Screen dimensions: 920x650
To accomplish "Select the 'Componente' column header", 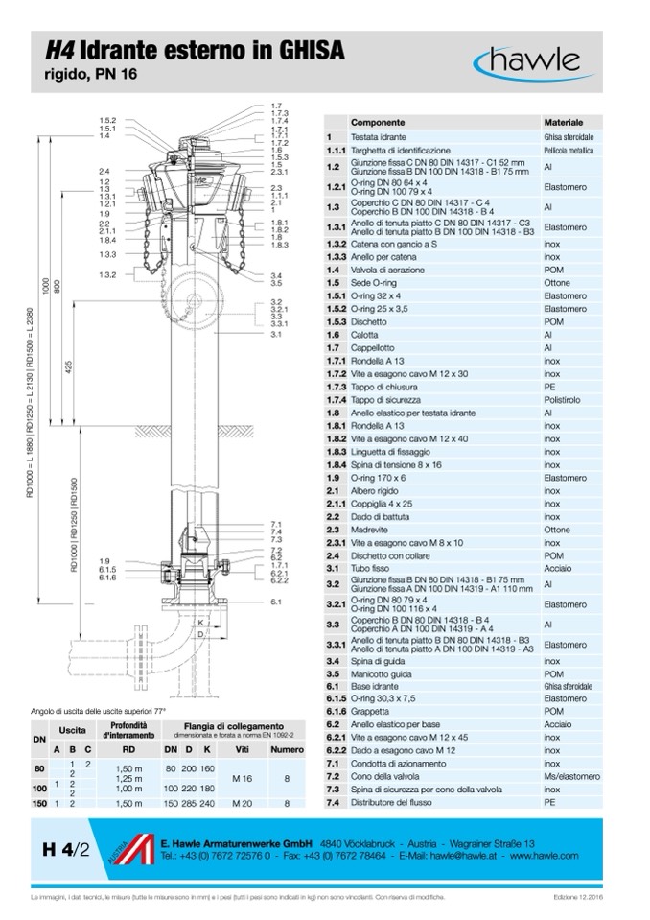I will [378, 124].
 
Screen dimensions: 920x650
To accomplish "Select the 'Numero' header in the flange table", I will [286, 748].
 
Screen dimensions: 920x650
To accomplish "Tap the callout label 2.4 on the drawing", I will [104, 171].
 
